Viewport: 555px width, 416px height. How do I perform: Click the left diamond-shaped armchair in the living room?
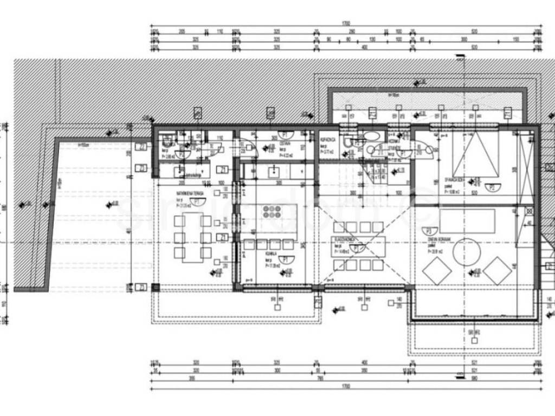[x=437, y=271]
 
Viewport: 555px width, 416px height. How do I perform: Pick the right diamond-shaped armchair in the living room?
[x=498, y=270]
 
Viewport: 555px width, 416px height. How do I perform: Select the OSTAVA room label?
[x=285, y=144]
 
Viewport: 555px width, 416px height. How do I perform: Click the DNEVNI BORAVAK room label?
[x=438, y=242]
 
